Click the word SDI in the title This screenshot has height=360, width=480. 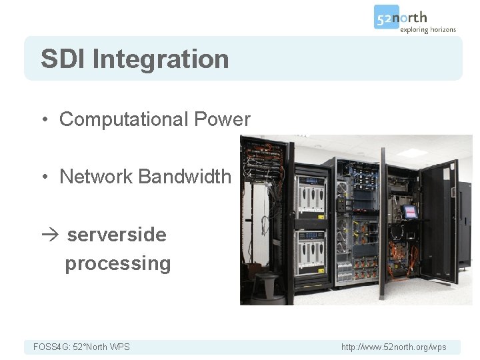click(63, 59)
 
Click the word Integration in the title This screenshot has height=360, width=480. click(161, 59)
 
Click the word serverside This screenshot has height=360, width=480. click(117, 235)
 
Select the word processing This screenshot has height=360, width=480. click(117, 263)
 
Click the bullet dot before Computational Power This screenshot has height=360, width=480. click(43, 120)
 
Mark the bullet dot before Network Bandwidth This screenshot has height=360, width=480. click(43, 177)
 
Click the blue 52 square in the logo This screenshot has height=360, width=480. click(386, 17)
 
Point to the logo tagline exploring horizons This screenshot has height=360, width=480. click(427, 29)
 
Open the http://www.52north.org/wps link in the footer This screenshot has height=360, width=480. click(393, 347)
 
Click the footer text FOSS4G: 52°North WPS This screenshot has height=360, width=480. click(81, 347)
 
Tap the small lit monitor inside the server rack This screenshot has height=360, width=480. click(409, 212)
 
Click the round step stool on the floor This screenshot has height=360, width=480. click(265, 287)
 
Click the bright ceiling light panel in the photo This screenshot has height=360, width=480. click(415, 153)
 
